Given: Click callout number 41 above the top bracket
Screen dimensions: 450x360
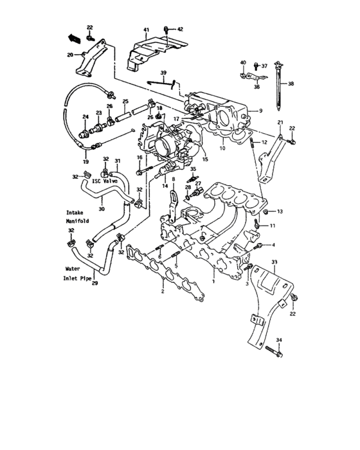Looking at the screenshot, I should point(146,30).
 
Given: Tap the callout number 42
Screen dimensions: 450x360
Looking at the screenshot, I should point(180,30).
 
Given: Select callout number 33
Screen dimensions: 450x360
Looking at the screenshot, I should point(274,262).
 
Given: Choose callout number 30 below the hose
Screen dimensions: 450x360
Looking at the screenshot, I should point(101,208).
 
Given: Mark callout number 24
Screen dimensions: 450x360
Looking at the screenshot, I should point(85,116).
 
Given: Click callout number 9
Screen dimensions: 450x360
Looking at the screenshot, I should point(260,111).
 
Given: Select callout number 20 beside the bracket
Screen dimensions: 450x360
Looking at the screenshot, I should point(70,55).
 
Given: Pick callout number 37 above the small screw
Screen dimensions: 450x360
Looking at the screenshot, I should point(264,66).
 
